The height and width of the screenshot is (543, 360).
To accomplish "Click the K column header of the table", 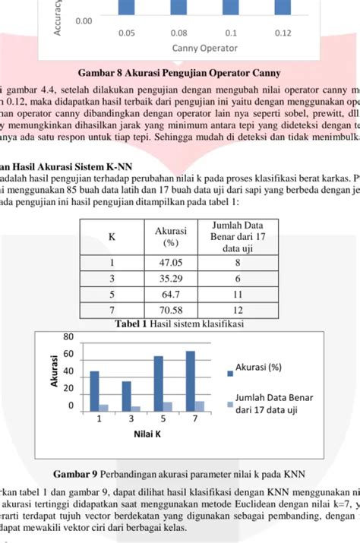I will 112,236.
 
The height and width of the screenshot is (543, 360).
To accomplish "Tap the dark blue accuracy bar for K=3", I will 126,396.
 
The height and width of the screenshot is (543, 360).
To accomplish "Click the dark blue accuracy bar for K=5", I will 158,384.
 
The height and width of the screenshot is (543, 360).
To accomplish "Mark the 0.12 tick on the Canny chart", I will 283,33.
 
